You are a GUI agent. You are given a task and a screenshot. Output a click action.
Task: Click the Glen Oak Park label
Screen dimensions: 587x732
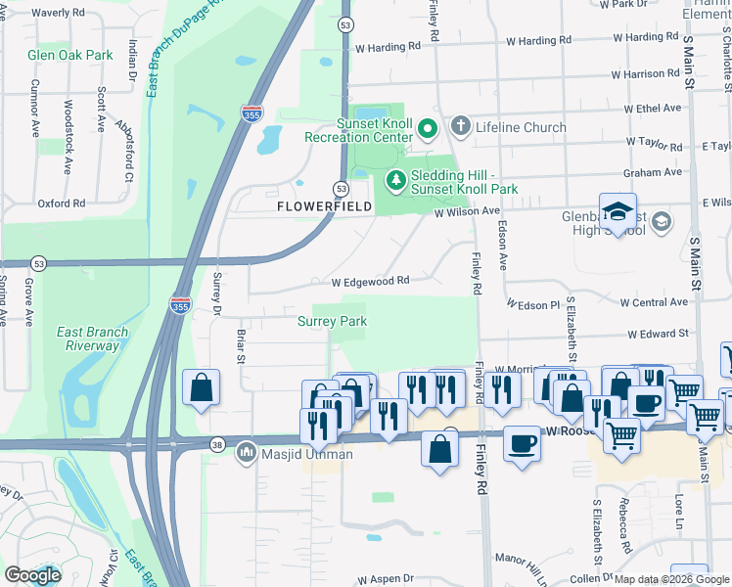click(70, 56)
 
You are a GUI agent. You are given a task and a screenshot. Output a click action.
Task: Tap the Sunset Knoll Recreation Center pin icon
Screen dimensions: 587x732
click(427, 128)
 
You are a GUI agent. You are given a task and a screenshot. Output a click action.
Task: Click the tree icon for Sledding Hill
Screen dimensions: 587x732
click(394, 179)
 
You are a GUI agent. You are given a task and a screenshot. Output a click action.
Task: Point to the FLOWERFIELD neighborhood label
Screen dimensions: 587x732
click(324, 207)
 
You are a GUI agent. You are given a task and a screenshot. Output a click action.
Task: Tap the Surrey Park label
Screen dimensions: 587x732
click(332, 321)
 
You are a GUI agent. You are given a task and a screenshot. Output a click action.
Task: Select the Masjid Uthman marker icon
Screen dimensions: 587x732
click(248, 454)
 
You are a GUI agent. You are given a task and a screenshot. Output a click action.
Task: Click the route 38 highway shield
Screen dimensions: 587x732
click(217, 446)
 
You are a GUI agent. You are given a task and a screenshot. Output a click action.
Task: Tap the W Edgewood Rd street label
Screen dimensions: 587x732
click(369, 281)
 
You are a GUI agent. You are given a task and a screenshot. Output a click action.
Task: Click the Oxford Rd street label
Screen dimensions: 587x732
click(62, 203)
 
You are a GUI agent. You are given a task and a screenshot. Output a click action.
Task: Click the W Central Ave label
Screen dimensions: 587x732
click(662, 302)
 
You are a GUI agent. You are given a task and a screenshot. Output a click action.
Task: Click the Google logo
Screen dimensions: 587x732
click(32, 575)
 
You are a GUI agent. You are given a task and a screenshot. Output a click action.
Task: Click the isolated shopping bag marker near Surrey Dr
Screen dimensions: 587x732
click(201, 387)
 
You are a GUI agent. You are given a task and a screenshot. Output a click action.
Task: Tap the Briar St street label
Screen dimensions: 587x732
click(241, 345)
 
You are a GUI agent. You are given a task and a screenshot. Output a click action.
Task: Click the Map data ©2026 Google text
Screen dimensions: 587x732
click(670, 579)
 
